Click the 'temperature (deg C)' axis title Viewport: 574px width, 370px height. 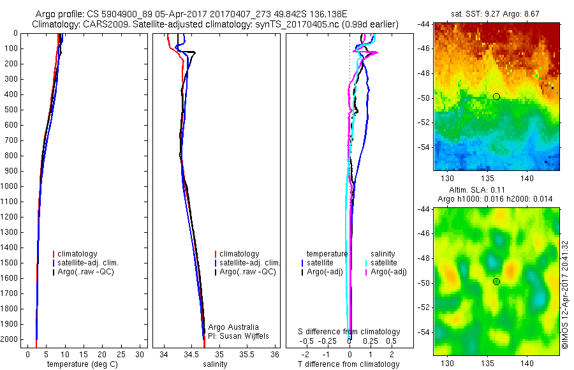click(x=81, y=364)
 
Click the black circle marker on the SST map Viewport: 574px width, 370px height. click(x=496, y=96)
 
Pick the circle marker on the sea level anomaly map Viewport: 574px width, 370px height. click(x=496, y=281)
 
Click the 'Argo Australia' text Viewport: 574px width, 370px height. click(x=233, y=327)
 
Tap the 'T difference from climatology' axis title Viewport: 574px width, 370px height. click(x=348, y=364)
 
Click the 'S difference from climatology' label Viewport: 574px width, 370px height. click(x=350, y=332)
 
